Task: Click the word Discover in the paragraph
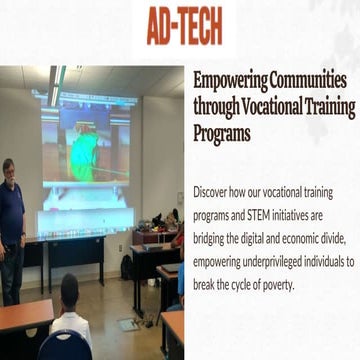[215, 191]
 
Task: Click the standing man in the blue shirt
[11, 225]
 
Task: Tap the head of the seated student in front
[69, 293]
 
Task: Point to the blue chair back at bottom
[65, 345]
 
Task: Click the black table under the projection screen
[75, 247]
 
